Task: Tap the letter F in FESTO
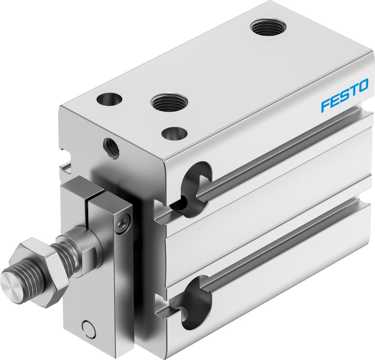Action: point(326,106)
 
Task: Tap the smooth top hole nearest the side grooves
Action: point(174,133)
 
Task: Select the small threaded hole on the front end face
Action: point(111,148)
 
